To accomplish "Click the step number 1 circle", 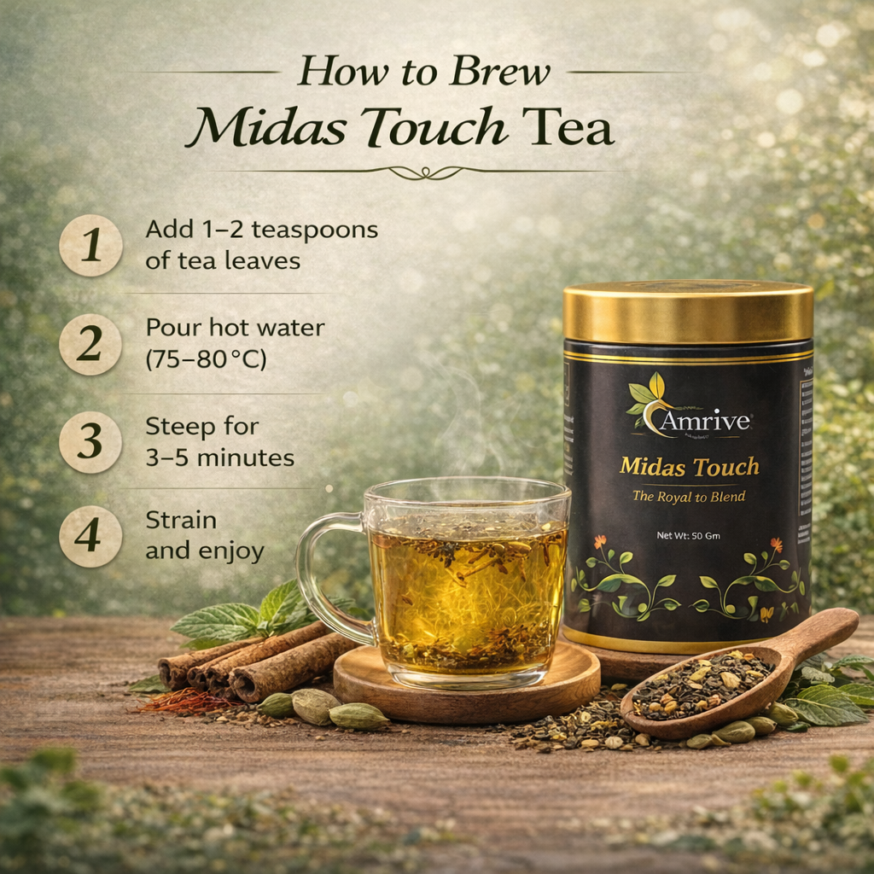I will click(90, 245).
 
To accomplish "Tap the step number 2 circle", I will click(90, 344).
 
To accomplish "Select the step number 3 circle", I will click(90, 441).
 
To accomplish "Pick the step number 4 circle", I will click(90, 537).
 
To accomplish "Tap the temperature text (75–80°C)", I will click(206, 359).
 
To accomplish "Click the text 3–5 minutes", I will click(219, 457).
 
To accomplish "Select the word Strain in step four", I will click(181, 520).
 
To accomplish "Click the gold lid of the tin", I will click(688, 311).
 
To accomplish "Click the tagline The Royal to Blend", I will click(689, 496).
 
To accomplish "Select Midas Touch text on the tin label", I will click(689, 467).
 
